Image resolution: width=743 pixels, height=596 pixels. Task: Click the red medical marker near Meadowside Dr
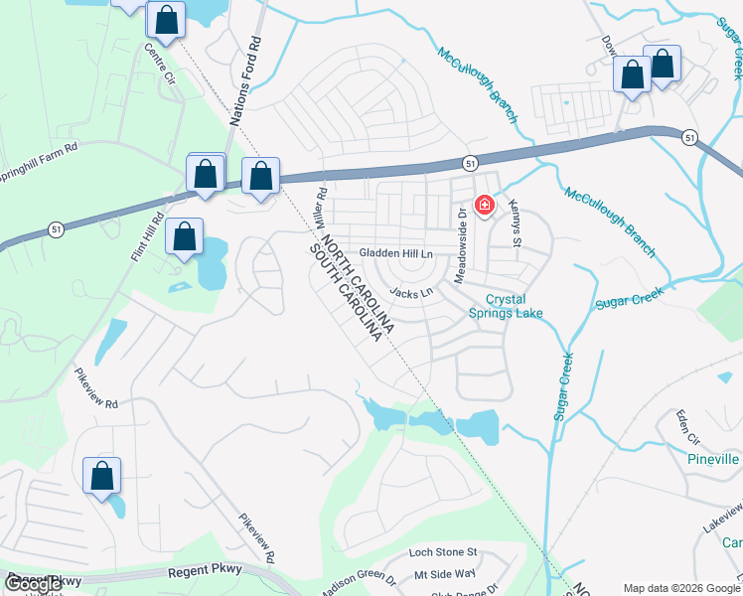click(x=485, y=206)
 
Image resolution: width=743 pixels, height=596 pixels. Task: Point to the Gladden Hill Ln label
click(x=397, y=254)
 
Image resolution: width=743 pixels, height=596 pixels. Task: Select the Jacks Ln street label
click(x=412, y=292)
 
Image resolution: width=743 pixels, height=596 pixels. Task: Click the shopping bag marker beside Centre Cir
click(x=166, y=19)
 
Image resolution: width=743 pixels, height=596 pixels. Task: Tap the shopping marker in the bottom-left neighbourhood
click(x=102, y=476)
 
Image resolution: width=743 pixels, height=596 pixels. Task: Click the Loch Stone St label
click(x=444, y=551)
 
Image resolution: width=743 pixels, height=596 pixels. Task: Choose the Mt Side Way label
click(x=446, y=574)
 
